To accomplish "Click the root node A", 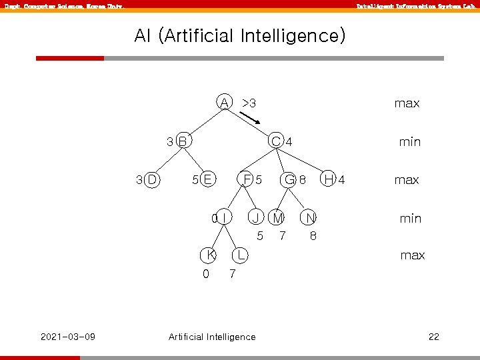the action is pos(225,102).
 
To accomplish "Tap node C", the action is pos(275,141).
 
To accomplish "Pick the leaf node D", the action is pos(151,179).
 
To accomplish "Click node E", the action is pos(207,179).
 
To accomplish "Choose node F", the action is pos(247,179).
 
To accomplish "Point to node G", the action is pos(289,179).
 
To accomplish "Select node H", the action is pos(329,179).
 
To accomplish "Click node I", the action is pos(225,217).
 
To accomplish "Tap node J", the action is pos(255,217).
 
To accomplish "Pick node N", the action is pos(310,217).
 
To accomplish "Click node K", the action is pos(210,255).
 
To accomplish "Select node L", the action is pos(240,255).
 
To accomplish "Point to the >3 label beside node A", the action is pos(249,103).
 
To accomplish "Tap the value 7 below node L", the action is pos(231,274).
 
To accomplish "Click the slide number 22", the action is pos(433,337).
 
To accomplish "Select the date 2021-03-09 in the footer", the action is pos(68,336).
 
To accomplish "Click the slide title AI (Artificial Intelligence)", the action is pos(240,35).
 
